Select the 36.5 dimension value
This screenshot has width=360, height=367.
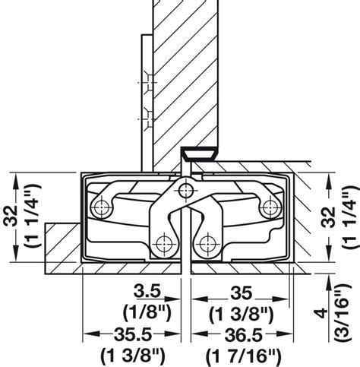[x=244, y=335]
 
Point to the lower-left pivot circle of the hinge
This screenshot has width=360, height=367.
[x=162, y=243]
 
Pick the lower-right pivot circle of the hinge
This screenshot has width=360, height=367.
[x=204, y=243]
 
